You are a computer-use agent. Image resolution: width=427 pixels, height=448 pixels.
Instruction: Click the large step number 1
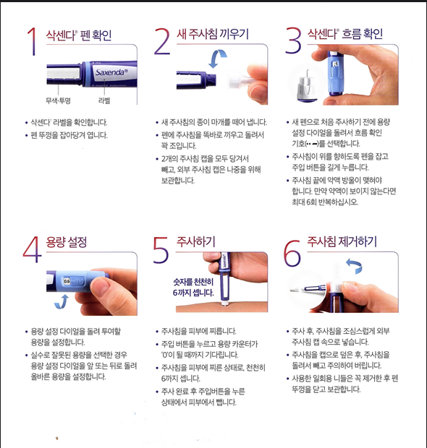click(32, 41)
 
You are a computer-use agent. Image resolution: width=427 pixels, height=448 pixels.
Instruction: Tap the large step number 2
click(162, 41)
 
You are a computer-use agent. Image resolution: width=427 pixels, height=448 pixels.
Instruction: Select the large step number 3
click(293, 41)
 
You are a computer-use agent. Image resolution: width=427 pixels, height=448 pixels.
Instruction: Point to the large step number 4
click(33, 249)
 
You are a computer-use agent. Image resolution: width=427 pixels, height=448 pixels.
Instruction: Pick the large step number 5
click(161, 249)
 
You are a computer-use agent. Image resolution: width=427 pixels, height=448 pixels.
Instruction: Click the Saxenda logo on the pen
click(111, 72)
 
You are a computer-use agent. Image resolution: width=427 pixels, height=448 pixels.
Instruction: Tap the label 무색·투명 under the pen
click(58, 100)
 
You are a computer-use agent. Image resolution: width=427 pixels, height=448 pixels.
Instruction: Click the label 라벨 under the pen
click(104, 100)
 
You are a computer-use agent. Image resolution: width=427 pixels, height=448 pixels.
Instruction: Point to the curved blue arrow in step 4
click(62, 302)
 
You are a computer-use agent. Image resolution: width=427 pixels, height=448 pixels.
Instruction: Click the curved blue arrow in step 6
click(355, 266)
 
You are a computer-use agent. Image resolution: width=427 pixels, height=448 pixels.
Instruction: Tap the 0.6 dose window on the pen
click(67, 281)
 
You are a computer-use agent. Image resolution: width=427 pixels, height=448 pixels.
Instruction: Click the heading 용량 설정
click(67, 243)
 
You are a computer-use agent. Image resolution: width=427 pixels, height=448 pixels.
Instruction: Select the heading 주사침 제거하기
click(342, 242)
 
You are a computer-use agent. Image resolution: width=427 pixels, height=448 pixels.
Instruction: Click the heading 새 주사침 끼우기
click(213, 34)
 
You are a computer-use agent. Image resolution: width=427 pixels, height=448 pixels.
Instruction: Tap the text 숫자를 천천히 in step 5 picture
click(193, 282)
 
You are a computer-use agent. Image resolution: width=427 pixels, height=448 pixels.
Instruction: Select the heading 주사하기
click(195, 242)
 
